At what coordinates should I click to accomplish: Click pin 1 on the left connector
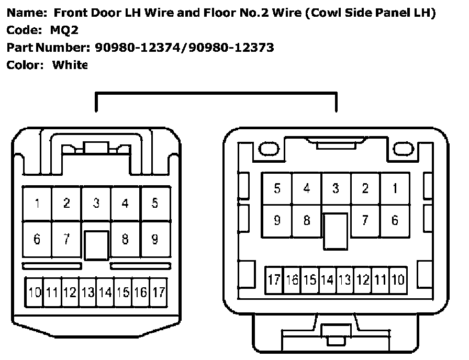37,204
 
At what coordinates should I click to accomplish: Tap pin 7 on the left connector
66,239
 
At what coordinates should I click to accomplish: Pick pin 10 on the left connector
35,292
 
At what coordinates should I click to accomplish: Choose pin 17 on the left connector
159,292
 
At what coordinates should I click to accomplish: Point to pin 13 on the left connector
87,292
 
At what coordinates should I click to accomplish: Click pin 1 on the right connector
395,189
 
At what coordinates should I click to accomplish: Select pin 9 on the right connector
277,221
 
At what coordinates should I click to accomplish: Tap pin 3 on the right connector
336,189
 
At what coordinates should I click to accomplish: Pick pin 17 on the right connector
274,280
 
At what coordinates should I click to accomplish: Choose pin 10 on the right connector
398,280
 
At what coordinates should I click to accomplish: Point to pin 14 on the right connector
327,280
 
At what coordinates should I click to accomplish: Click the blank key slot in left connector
96,245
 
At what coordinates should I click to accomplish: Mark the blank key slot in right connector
336,231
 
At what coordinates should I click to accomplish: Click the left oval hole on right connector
269,149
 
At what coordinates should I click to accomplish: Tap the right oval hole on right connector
404,149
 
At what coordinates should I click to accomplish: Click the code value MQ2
64,30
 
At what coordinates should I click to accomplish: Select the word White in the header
70,65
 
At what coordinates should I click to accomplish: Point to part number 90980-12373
231,48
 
